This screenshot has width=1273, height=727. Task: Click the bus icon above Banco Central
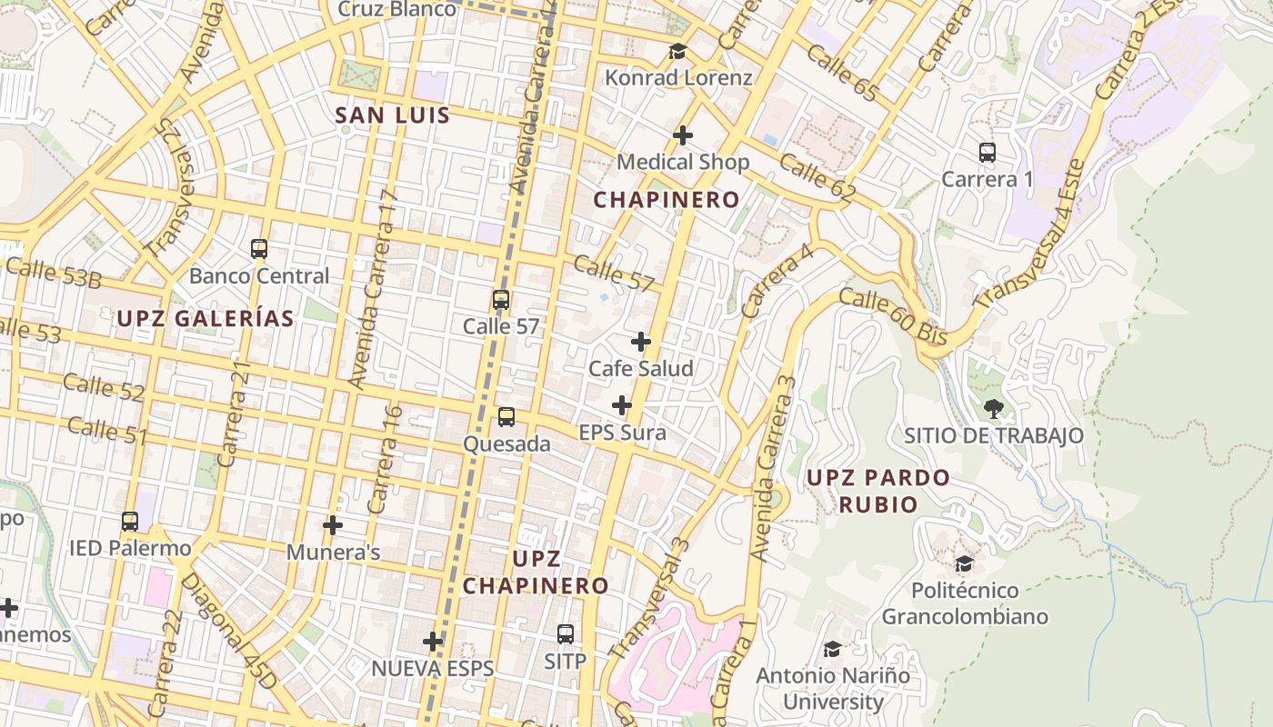pyautogui.click(x=259, y=248)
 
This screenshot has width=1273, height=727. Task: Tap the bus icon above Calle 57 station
pyautogui.click(x=500, y=299)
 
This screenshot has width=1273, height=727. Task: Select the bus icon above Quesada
pyautogui.click(x=506, y=417)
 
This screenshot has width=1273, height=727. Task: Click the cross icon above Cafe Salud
pyautogui.click(x=641, y=342)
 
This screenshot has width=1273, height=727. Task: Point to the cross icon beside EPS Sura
pyautogui.click(x=622, y=405)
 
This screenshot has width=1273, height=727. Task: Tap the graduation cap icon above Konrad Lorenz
pyautogui.click(x=677, y=51)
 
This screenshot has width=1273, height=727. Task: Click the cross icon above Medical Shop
pyautogui.click(x=683, y=135)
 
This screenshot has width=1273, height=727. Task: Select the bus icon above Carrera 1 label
pyautogui.click(x=987, y=153)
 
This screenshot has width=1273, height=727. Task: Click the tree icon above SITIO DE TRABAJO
pyautogui.click(x=994, y=409)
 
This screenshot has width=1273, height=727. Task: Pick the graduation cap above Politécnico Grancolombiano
pyautogui.click(x=964, y=563)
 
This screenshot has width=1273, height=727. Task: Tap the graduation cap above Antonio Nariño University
pyautogui.click(x=832, y=649)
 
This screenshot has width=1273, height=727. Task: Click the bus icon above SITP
pyautogui.click(x=566, y=633)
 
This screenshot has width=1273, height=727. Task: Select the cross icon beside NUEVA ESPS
pyautogui.click(x=433, y=642)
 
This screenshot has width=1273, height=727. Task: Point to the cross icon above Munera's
pyautogui.click(x=333, y=525)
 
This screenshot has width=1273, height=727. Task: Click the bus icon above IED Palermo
pyautogui.click(x=130, y=522)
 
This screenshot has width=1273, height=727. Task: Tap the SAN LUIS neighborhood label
pyautogui.click(x=393, y=115)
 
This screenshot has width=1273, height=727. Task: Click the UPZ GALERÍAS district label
pyautogui.click(x=205, y=318)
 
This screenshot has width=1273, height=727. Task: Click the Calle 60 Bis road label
pyautogui.click(x=893, y=316)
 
